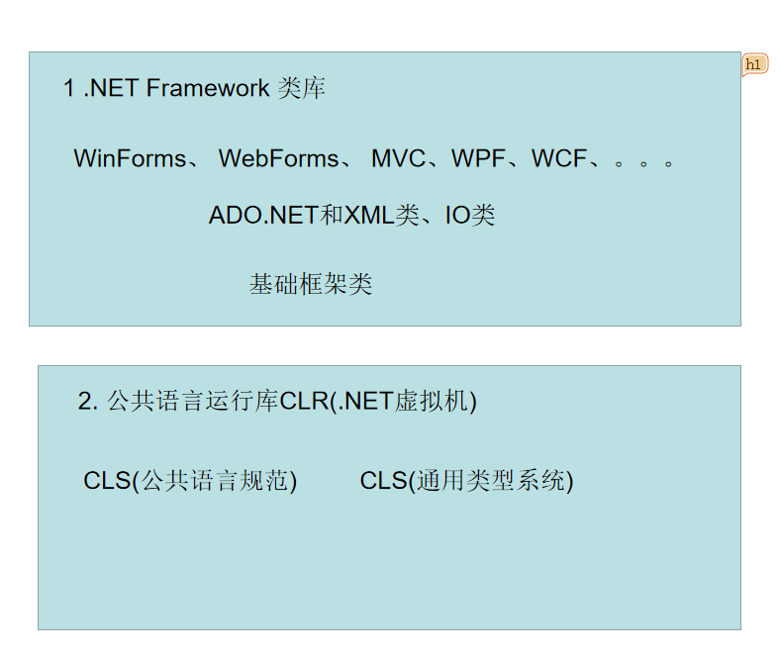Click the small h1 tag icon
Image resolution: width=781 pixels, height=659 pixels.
[x=754, y=64]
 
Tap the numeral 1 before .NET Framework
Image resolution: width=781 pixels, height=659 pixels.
[x=69, y=89]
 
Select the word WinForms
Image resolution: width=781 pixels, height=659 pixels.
[x=130, y=158]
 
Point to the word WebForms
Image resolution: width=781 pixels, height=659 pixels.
[x=278, y=158]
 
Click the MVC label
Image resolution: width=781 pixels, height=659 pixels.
[x=398, y=158]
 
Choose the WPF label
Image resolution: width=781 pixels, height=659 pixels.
[x=478, y=158]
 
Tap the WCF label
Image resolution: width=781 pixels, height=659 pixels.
[x=559, y=158]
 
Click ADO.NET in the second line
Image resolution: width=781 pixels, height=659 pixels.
[x=263, y=216]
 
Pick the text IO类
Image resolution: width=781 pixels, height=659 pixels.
[x=469, y=216]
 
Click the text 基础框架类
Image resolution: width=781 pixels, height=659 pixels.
[x=311, y=285]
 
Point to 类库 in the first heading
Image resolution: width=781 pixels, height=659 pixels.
[x=302, y=89]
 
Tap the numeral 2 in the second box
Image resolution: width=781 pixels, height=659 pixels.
[x=84, y=402]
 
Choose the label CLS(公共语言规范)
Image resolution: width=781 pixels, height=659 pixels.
[x=190, y=481]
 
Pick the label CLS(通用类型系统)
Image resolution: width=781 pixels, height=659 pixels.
[x=466, y=481]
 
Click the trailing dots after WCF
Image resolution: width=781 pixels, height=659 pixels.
[x=643, y=161]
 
